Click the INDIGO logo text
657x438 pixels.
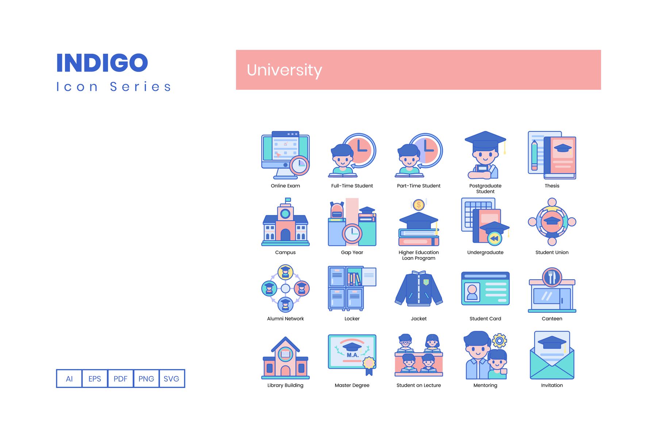[102, 63]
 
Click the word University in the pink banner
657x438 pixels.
[284, 70]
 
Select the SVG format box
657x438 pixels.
[172, 379]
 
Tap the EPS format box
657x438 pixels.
[95, 379]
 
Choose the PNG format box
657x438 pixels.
[146, 379]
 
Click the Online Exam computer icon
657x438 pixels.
[285, 155]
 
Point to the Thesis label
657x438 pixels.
[552, 186]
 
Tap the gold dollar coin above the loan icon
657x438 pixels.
[419, 205]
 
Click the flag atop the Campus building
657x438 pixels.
[288, 200]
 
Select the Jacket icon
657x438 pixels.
[419, 288]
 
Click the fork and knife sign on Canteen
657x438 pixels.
[552, 277]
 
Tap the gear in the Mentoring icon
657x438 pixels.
[499, 341]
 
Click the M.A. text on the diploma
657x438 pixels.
[353, 355]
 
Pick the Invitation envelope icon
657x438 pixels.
[552, 355]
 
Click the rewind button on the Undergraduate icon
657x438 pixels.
[494, 238]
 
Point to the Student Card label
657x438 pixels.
[485, 319]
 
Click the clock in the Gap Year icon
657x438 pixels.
[352, 233]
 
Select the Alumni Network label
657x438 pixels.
[285, 319]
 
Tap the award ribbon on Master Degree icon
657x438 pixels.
[369, 366]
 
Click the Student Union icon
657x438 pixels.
[552, 222]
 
